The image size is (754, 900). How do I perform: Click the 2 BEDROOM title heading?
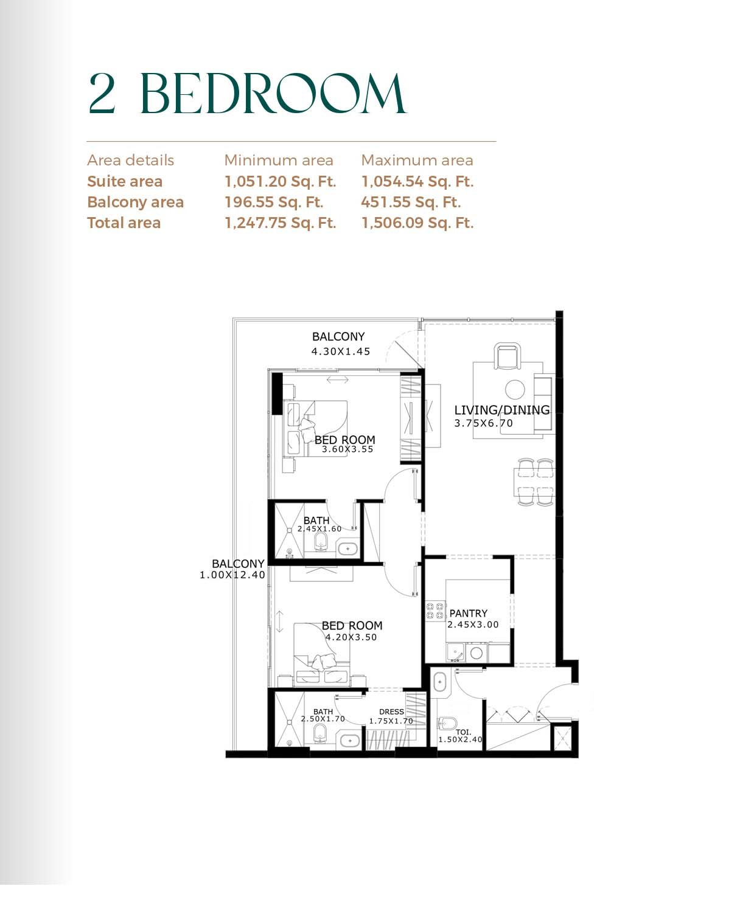(247, 94)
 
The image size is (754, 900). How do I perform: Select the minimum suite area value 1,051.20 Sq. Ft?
(280, 181)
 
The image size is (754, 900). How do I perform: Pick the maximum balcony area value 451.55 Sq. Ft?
(411, 202)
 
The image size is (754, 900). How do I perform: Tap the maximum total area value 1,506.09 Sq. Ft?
(417, 223)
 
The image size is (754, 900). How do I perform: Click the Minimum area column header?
(279, 161)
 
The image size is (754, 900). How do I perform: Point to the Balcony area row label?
(136, 202)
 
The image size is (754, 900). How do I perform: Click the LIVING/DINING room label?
(502, 410)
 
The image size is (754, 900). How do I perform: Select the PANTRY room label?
(469, 613)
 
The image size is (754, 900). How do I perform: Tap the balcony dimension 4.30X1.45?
(341, 351)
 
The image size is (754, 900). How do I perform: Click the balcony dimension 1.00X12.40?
(232, 575)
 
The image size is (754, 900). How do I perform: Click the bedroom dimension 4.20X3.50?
(351, 637)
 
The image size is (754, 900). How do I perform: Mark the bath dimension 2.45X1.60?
(319, 529)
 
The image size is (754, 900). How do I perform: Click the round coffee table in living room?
(515, 390)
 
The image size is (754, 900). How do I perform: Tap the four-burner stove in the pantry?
(435, 611)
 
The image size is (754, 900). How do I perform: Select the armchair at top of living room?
(507, 356)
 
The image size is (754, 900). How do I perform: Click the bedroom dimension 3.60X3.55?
(347, 449)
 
